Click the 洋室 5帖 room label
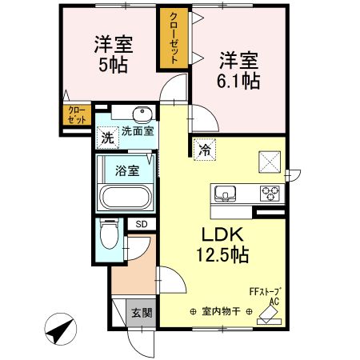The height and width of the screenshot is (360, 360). [112, 51]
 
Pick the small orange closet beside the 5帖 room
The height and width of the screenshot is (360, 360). [76, 114]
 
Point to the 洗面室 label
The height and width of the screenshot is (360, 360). [138, 130]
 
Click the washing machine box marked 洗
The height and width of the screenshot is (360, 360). [107, 138]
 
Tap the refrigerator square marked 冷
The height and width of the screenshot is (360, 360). [205, 149]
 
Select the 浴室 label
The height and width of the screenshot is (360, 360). [126, 170]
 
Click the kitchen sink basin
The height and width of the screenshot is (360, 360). [224, 194]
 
